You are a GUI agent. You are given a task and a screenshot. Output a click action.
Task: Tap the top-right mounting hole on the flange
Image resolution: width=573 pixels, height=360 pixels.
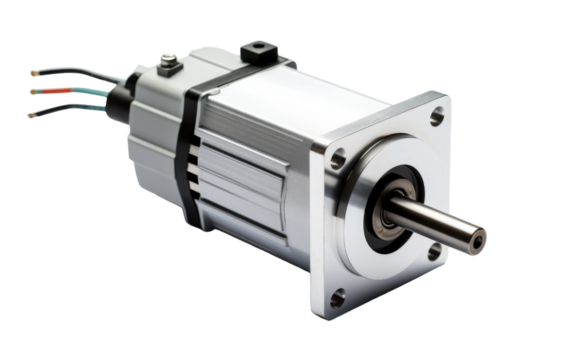(x=435, y=117)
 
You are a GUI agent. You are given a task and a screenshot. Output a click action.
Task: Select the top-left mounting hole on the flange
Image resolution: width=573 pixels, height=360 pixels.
(x=338, y=158)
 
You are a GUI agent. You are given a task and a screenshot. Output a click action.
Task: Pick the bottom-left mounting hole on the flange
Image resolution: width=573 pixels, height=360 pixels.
(x=338, y=297)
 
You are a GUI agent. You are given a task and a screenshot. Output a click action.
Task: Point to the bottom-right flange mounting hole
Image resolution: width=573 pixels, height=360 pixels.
(x=433, y=252)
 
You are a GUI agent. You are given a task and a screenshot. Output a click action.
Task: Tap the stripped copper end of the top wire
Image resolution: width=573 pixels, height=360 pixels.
(x=35, y=73)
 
